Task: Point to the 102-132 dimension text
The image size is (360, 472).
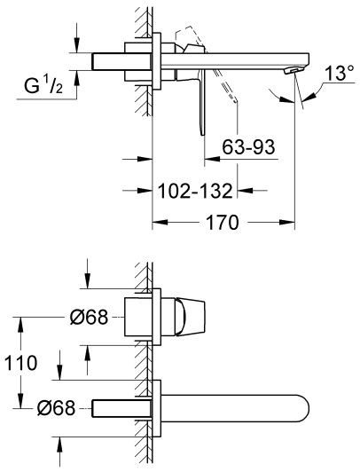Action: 196,190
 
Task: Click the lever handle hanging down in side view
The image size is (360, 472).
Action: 202,102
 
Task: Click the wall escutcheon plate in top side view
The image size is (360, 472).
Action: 159,59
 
